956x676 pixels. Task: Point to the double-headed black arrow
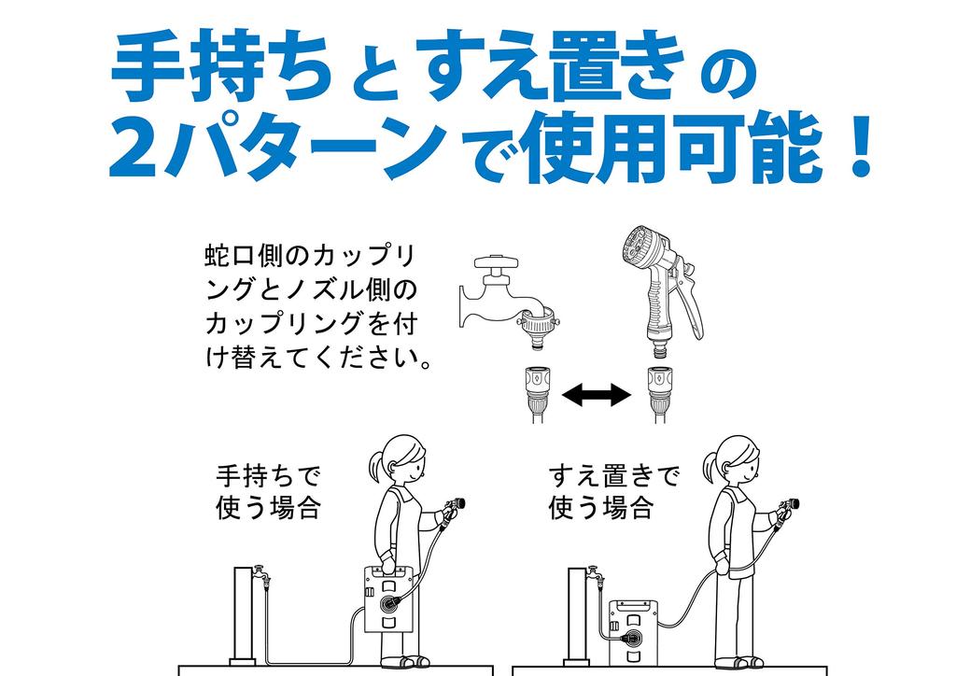(x=596, y=395)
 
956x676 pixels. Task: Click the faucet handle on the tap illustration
(x=498, y=265)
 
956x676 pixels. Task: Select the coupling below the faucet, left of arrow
(x=537, y=394)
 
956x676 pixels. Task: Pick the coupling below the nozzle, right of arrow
(x=659, y=394)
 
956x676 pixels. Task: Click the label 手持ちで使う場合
(x=268, y=491)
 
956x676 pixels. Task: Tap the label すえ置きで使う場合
(x=613, y=491)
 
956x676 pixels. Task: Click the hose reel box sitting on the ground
(x=634, y=632)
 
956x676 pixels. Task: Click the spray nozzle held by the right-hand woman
(x=786, y=510)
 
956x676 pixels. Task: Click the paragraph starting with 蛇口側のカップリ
(x=318, y=306)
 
